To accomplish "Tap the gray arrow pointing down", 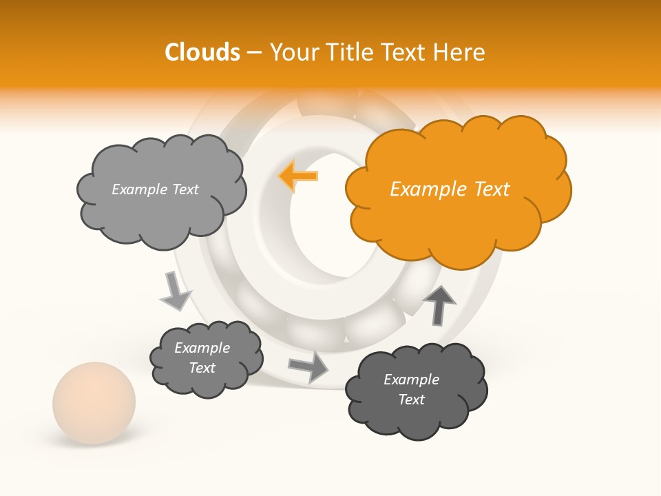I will click(175, 290).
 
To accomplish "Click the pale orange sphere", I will click(94, 403).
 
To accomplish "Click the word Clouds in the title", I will click(202, 52).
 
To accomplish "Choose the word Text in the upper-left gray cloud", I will click(185, 189).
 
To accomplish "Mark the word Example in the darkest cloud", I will click(411, 380).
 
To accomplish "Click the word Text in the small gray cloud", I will click(202, 368).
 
